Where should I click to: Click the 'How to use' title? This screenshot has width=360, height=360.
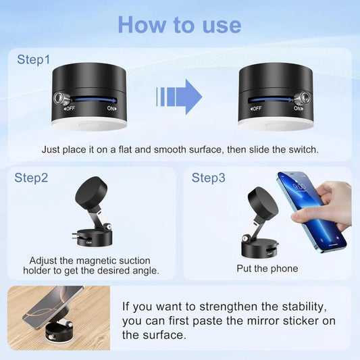click(179, 24)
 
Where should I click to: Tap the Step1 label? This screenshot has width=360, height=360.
click(34, 60)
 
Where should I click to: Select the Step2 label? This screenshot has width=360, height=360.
click(32, 178)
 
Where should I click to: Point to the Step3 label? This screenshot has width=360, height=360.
click(209, 178)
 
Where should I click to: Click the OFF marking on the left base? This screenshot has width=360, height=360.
click(68, 108)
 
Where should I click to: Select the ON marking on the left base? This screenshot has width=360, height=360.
click(111, 108)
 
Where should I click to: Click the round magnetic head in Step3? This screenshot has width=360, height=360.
click(263, 202)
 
